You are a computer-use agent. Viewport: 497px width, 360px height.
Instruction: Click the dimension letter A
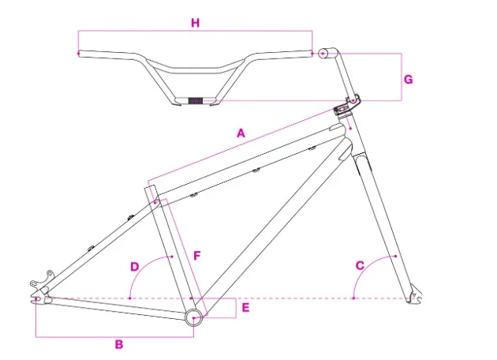click(241, 133)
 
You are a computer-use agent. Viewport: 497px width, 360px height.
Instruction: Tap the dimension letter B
click(119, 344)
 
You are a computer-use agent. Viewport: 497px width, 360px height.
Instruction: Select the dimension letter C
click(360, 265)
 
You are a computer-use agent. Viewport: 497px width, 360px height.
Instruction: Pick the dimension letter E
click(245, 307)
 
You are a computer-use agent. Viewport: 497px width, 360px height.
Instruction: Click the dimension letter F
click(197, 255)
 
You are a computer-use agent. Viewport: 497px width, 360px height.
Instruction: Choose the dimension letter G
click(408, 79)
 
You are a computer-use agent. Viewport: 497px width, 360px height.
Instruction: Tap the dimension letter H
click(195, 23)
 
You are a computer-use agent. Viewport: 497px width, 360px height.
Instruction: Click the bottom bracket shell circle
click(193, 317)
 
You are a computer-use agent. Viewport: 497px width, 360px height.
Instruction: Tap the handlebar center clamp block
click(196, 100)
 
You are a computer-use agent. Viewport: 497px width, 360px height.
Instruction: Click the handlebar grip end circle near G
click(323, 54)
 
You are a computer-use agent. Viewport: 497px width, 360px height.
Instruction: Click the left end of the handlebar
click(80, 53)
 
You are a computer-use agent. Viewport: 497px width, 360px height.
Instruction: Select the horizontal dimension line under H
click(195, 32)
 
